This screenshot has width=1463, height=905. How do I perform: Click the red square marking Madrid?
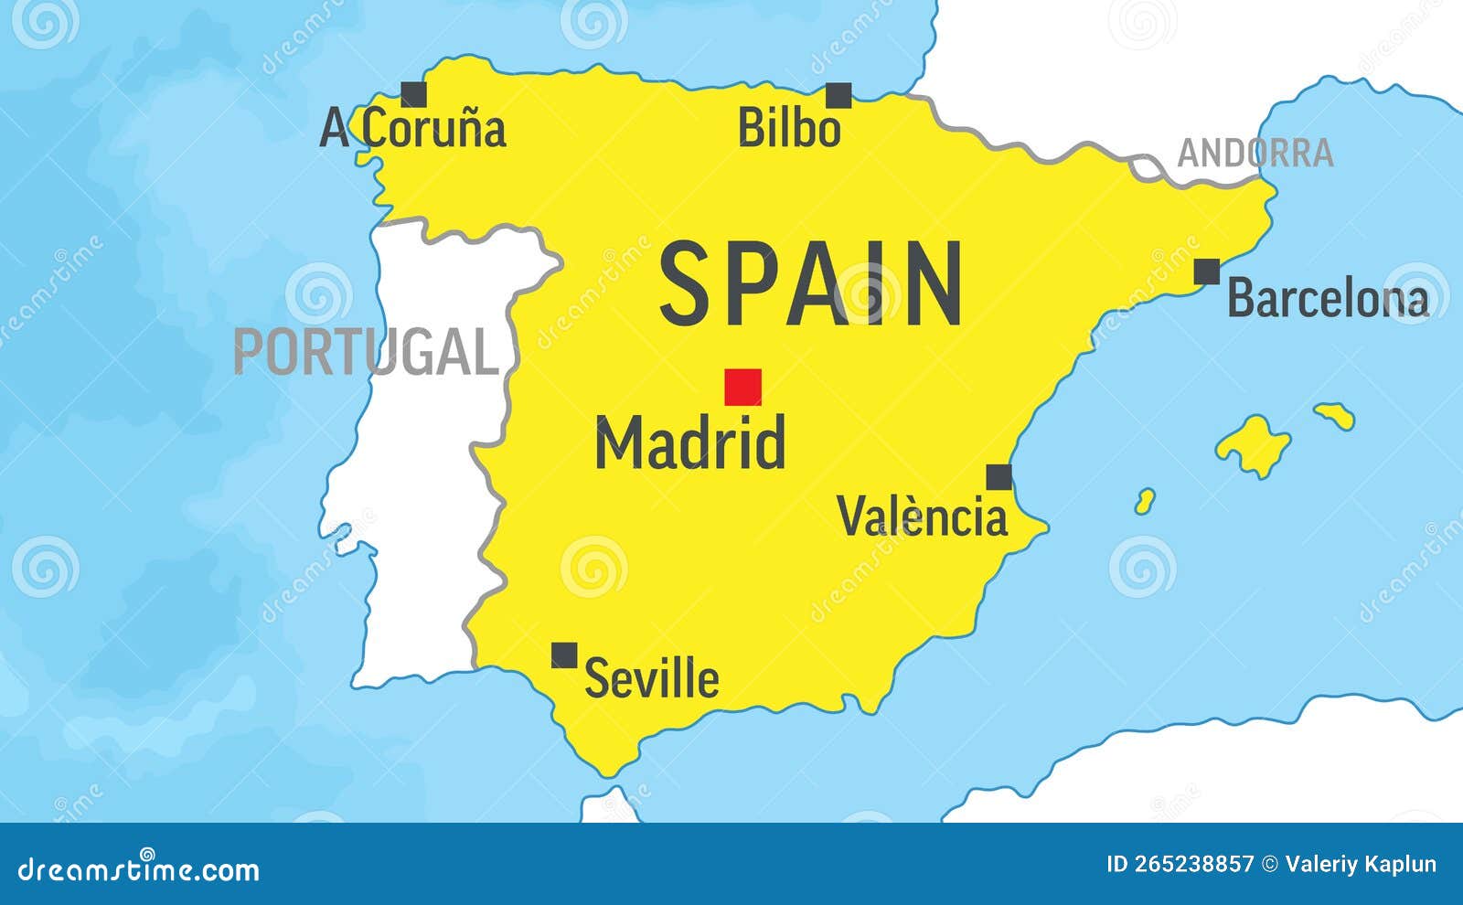742,387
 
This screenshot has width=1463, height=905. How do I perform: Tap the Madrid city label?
690,443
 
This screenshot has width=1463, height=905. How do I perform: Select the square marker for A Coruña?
414,93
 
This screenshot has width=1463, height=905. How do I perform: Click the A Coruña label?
413,130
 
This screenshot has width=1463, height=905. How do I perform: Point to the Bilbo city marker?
838,95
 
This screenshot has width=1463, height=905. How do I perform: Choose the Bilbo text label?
789,128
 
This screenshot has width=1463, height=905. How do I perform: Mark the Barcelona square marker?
1207,271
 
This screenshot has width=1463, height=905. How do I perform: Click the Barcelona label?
1327,299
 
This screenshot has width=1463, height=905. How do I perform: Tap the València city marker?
998,477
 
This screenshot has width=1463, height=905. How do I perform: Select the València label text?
923,516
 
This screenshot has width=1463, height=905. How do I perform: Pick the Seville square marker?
564,655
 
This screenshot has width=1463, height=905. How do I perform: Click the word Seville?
652,678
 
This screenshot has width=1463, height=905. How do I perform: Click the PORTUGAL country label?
366,352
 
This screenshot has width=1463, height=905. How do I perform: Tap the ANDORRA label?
1255,153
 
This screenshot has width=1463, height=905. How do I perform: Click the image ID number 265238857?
1180,865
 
